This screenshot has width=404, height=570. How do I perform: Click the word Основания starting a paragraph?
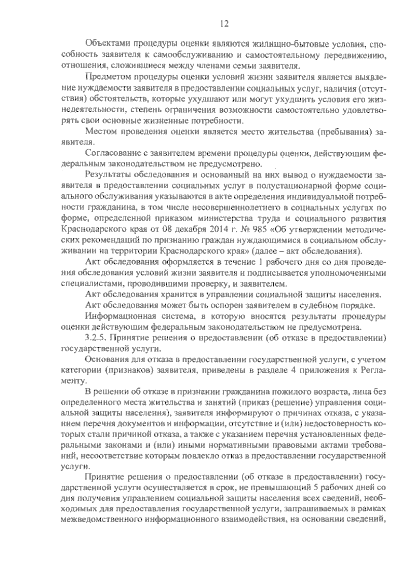[x=106, y=359]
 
